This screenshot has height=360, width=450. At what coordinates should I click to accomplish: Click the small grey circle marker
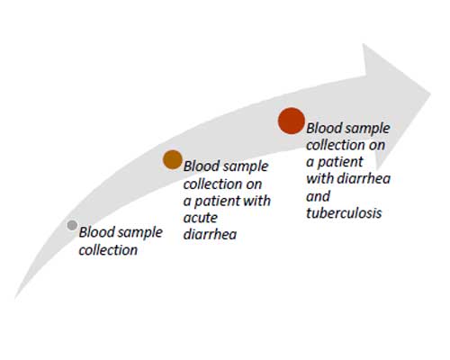tap(72, 225)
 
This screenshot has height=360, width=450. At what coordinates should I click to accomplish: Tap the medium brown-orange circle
tap(173, 159)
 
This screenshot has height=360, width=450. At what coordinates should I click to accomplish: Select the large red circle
tap(292, 121)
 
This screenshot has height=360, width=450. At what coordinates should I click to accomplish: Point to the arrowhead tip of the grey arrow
tap(431, 94)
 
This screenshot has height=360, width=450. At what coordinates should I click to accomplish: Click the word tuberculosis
tap(344, 213)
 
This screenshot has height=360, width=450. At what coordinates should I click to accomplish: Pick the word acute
tap(200, 218)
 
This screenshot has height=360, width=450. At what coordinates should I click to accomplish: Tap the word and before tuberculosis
tap(318, 196)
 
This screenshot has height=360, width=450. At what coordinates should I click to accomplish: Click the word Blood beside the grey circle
tap(96, 232)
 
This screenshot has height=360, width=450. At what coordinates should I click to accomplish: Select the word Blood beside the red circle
tap(324, 128)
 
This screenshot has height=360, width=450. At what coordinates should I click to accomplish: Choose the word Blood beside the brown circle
tap(202, 166)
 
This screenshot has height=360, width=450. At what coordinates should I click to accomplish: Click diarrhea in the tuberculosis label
tap(364, 179)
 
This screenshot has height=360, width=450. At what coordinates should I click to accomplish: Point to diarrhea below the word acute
tap(210, 234)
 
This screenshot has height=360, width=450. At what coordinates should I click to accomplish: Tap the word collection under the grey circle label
tap(108, 250)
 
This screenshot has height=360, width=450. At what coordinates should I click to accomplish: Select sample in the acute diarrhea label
tap(245, 167)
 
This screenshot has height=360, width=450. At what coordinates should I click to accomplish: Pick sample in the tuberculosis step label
tap(367, 130)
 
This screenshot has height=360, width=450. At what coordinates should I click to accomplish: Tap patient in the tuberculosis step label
tap(340, 163)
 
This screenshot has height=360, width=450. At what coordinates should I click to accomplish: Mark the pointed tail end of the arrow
tap(15, 299)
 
